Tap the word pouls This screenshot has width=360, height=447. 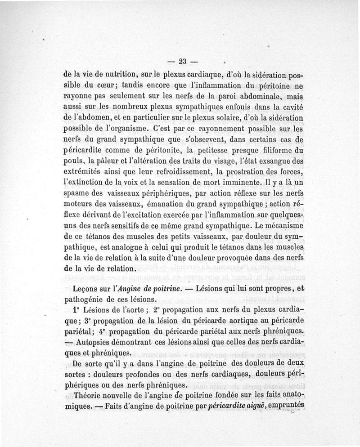72,162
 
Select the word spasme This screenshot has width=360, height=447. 75,194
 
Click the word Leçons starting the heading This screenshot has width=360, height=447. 85,288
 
